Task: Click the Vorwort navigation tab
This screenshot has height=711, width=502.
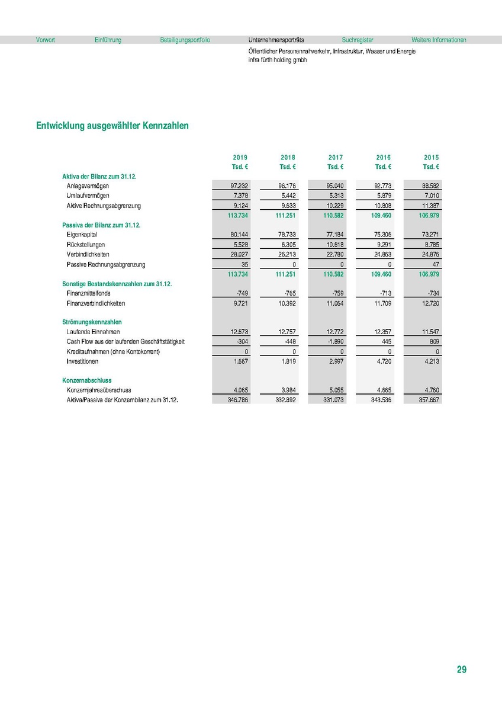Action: [x=45, y=40]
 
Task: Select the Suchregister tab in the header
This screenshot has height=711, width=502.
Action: [x=358, y=40]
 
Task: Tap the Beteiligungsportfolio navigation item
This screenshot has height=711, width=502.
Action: [x=185, y=40]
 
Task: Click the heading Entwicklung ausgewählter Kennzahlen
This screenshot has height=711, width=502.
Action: [x=112, y=126]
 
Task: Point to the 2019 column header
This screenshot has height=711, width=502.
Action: [x=240, y=157]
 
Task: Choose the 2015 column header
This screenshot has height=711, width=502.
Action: [x=431, y=157]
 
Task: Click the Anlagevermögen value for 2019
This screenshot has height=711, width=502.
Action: [x=239, y=186]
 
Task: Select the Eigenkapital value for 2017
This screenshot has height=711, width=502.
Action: [x=335, y=235]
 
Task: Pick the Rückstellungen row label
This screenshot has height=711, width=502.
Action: [x=86, y=244]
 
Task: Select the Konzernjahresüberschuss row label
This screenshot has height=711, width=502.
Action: [x=99, y=390]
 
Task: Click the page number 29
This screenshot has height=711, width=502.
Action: [x=462, y=670]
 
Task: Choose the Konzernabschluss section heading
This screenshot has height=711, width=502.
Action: [x=87, y=380]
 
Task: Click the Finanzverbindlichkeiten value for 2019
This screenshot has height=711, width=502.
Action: [x=240, y=303]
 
